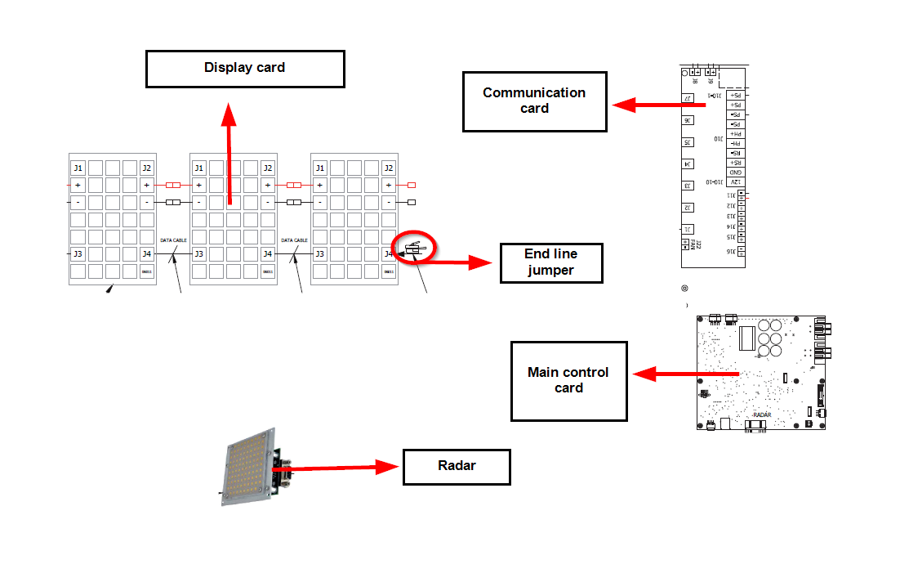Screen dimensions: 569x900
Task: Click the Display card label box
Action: [x=245, y=69]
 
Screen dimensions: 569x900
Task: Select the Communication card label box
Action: [x=534, y=101]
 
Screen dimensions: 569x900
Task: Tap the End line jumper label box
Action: [x=550, y=262]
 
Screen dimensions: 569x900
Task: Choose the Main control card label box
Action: [x=568, y=380]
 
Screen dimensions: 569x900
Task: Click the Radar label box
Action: [x=457, y=466]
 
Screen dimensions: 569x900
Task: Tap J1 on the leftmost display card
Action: [x=78, y=168]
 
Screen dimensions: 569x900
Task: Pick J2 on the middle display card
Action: [x=267, y=168]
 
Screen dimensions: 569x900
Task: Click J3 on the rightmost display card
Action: [x=319, y=254]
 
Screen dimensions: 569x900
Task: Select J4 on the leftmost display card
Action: [x=146, y=254]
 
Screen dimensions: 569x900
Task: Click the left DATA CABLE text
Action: [x=173, y=240]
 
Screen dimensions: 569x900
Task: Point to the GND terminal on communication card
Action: [x=735, y=172]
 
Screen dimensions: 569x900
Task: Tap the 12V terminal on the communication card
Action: [x=735, y=181]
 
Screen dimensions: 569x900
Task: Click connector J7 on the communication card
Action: [x=688, y=99]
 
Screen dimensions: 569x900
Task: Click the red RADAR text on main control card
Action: [x=761, y=414]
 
